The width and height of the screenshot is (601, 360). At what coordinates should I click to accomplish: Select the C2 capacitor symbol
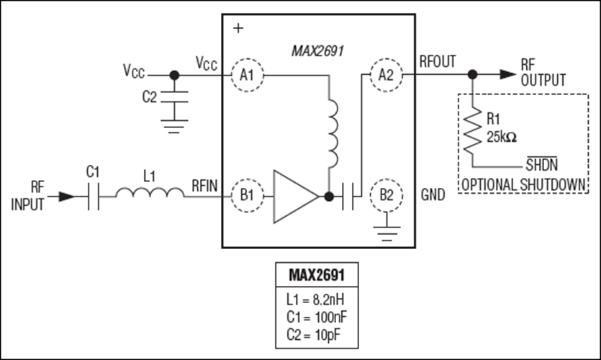coord(174,96)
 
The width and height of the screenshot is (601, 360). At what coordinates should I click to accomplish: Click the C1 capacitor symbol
coord(94,197)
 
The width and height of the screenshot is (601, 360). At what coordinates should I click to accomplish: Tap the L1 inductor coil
coord(150,192)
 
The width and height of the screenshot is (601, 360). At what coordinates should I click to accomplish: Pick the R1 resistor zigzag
coord(473,130)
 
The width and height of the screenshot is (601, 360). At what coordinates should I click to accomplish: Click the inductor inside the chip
coord(333,133)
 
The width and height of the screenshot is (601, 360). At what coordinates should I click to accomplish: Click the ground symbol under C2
coord(174,127)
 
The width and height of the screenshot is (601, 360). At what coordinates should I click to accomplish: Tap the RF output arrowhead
coord(508,74)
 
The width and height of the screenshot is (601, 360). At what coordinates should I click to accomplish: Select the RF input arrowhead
coord(67,197)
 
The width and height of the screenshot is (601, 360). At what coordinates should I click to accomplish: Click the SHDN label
coord(541,164)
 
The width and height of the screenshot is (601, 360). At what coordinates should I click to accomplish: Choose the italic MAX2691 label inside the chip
coord(317,51)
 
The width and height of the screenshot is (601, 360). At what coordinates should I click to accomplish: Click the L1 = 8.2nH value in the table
coord(315,300)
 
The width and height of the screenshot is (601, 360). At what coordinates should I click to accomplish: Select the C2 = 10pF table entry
coord(313,335)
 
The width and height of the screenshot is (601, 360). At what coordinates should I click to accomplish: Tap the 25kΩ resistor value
coord(502,137)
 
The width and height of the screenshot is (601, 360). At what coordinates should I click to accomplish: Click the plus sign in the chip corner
coord(238,28)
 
